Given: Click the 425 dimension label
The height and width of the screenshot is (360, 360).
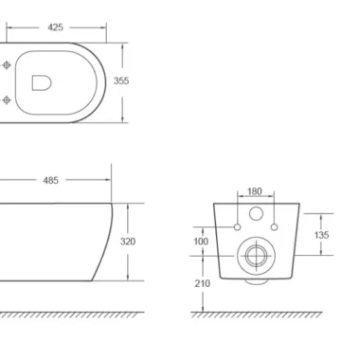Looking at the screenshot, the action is [55, 27].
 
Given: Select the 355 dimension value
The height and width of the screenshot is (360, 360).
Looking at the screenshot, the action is [121, 81].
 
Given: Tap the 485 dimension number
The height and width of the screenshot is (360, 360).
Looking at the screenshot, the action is [51, 180].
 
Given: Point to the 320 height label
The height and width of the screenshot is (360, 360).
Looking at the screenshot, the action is [128, 242].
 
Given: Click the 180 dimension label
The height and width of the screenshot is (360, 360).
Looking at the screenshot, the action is [255, 191].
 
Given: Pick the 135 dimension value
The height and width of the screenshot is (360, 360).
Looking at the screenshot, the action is [321, 235].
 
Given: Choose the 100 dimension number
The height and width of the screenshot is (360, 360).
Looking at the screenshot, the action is [201, 242].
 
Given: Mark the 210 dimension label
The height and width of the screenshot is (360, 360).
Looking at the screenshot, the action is [203, 284].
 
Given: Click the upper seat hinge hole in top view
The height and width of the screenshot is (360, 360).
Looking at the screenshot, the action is [7, 65].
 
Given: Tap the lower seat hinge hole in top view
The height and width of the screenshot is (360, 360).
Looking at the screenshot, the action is [7, 100].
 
